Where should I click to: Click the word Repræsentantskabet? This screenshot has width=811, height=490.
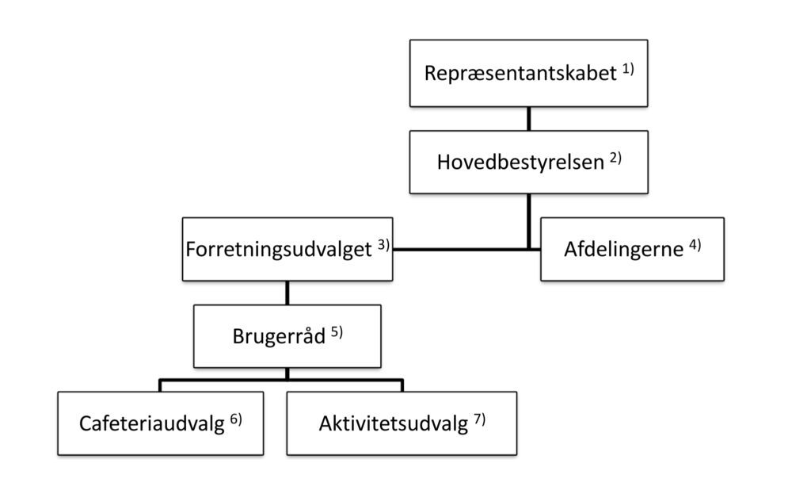(x=520, y=74)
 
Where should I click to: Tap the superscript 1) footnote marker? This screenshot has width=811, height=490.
(x=628, y=69)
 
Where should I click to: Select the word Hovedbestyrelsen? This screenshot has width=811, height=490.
(x=520, y=162)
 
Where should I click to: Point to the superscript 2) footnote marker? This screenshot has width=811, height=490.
(x=615, y=158)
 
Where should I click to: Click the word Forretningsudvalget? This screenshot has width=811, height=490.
(x=278, y=250)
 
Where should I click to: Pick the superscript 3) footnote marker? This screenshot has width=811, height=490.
(x=383, y=244)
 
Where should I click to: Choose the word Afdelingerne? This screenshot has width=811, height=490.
(x=624, y=249)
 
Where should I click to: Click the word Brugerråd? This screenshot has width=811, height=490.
(x=279, y=336)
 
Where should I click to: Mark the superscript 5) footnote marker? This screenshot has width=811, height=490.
(x=337, y=331)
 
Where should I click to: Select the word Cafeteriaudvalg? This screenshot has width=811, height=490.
(x=151, y=423)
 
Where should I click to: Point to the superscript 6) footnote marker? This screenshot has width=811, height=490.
(x=236, y=419)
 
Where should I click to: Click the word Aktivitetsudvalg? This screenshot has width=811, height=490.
(x=393, y=423)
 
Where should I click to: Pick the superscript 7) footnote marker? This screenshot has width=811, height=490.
(x=479, y=419)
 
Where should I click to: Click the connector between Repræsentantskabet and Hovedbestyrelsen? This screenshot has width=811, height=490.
(x=528, y=119)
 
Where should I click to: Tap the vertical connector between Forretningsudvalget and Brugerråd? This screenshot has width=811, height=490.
(x=287, y=293)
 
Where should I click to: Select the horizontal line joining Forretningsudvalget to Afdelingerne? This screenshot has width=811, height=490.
(x=466, y=250)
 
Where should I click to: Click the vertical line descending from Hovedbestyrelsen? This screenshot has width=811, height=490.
(x=528, y=222)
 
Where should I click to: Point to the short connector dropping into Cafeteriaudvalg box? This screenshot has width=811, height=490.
(x=160, y=385)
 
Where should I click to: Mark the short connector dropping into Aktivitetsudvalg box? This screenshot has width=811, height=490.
(x=402, y=385)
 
